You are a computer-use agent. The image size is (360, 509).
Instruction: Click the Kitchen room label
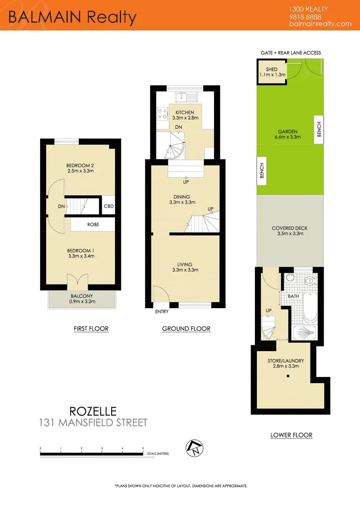tap(185, 112)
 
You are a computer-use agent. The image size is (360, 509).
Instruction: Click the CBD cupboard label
tap(108, 206)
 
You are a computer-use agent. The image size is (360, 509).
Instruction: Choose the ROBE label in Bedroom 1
tap(93, 225)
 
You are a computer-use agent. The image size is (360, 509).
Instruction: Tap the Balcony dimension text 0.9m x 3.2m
tap(82, 301)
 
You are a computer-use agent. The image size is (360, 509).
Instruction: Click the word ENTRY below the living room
tap(162, 312)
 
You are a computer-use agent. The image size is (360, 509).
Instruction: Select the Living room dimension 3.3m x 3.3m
tap(185, 270)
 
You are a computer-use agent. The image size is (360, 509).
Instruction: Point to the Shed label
tap(271, 69)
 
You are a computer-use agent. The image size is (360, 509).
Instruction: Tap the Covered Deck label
tap(290, 229)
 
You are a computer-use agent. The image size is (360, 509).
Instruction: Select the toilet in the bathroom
tap(310, 282)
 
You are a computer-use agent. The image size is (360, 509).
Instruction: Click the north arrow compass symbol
tap(194, 448)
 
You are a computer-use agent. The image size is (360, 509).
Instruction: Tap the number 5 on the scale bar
tap(143, 448)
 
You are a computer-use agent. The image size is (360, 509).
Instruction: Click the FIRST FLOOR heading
tap(91, 328)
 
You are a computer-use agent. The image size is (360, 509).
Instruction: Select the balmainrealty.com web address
tap(320, 24)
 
